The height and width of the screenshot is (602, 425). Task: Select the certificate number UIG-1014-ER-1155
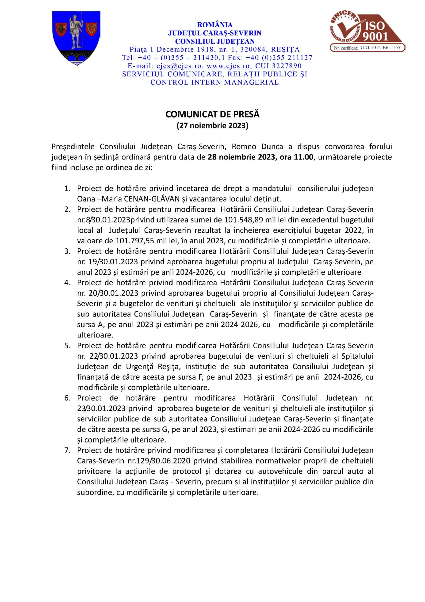pyautogui.click(x=380, y=48)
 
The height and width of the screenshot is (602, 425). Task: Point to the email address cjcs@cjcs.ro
pyautogui.click(x=179, y=66)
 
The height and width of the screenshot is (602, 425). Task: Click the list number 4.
pyautogui.click(x=68, y=283)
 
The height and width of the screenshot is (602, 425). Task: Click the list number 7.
pyautogui.click(x=68, y=451)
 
